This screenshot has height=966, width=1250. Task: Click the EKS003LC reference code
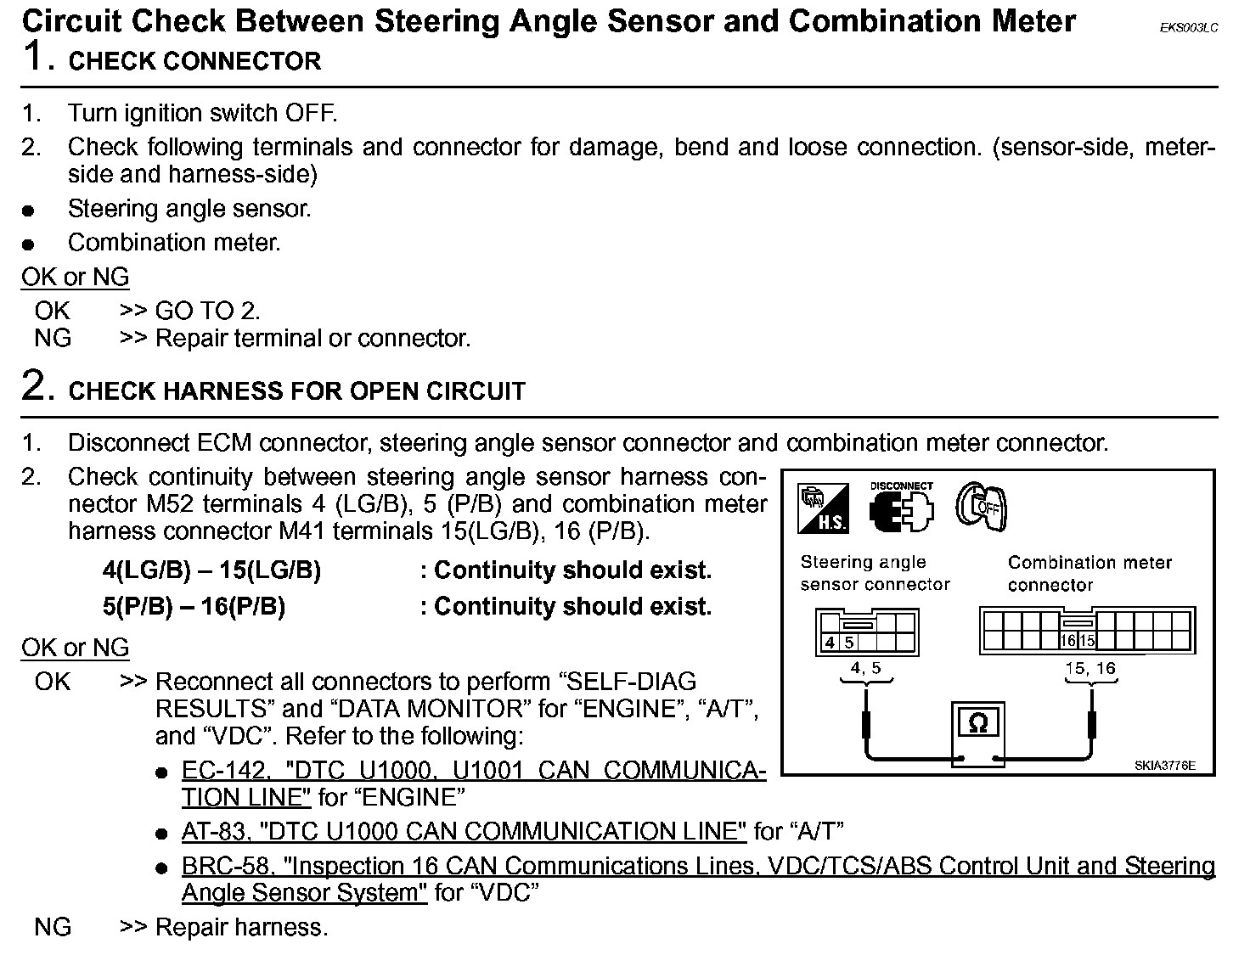pyautogui.click(x=1189, y=28)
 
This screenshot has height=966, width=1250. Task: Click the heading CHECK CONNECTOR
pyautogui.click(x=194, y=61)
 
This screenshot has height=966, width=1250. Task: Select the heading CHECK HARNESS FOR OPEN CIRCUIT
pyautogui.click(x=296, y=391)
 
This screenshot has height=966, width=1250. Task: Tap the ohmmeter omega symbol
pyautogui.click(x=978, y=723)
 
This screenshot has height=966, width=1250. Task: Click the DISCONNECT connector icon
pyautogui.click(x=901, y=508)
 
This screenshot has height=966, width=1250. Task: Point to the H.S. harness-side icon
pyautogui.click(x=823, y=508)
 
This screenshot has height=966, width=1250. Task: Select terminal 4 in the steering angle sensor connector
pyautogui.click(x=831, y=643)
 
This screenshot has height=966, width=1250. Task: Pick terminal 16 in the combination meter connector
pyautogui.click(x=1068, y=642)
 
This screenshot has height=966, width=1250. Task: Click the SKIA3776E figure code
pyautogui.click(x=1164, y=765)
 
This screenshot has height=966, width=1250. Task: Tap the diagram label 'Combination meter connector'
pyautogui.click(x=1090, y=573)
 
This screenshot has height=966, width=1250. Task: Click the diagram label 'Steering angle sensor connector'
pyautogui.click(x=875, y=573)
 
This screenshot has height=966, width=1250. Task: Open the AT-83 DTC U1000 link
pyautogui.click(x=464, y=831)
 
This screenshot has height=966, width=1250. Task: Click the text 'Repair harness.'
pyautogui.click(x=241, y=927)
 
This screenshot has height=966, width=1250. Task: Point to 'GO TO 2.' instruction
pyautogui.click(x=207, y=311)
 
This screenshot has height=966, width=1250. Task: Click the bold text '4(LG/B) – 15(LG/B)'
pyautogui.click(x=211, y=570)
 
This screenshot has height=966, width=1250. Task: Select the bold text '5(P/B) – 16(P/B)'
pyautogui.click(x=194, y=607)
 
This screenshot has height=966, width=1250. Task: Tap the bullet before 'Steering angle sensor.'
pyautogui.click(x=29, y=211)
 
